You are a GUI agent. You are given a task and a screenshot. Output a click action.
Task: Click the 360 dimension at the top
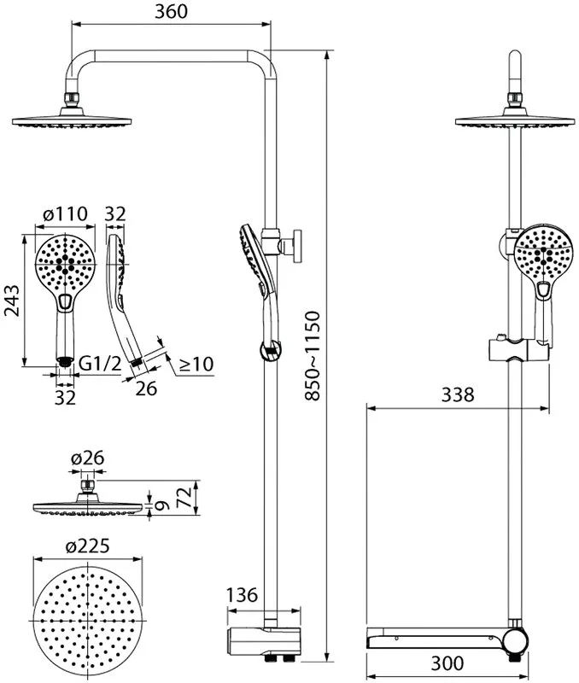[171, 12]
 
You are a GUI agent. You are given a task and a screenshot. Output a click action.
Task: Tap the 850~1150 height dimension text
[312, 355]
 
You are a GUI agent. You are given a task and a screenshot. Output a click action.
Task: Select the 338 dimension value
[458, 394]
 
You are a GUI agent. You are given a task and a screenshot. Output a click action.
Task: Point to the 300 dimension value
[447, 663]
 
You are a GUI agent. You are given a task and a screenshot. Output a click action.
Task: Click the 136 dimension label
[243, 594]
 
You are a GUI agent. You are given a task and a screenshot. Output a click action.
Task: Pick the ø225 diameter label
[88, 546]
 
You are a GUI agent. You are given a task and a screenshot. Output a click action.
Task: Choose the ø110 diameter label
[66, 213]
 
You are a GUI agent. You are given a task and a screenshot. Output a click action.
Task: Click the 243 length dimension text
[12, 301]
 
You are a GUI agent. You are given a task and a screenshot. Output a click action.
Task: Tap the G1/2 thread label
[100, 364]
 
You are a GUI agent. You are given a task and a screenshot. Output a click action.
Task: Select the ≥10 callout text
[196, 364]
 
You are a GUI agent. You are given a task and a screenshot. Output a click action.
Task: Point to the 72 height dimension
[184, 497]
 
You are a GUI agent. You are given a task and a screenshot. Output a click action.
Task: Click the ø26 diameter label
[88, 458]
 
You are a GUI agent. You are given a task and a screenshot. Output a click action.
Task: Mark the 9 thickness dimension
[161, 505]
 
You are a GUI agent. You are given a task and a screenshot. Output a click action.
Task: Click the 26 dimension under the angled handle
[146, 388]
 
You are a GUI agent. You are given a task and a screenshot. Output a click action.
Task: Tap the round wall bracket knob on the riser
[298, 246]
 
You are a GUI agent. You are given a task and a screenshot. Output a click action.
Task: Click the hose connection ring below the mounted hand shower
[271, 351]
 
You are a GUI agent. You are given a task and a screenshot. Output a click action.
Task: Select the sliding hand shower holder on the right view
[518, 348]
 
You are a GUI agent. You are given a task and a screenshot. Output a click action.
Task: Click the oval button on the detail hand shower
[66, 301]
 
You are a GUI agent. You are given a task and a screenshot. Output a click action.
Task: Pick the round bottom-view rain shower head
[88, 620]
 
